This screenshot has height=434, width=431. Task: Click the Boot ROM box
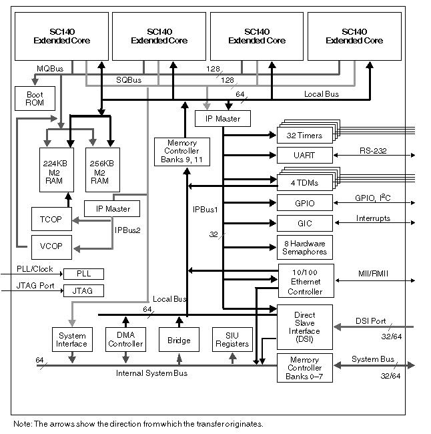tap(34, 99)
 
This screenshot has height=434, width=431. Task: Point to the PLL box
tap(83, 274)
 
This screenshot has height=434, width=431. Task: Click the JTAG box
tap(83, 290)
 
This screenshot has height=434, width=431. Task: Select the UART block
tap(304, 156)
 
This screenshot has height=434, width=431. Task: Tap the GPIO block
tap(304, 203)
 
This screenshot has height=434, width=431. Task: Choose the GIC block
tap(304, 223)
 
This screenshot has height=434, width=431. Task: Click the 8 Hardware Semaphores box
tap(304, 247)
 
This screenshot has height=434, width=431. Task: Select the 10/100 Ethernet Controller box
tap(305, 280)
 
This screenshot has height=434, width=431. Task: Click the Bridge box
tap(179, 340)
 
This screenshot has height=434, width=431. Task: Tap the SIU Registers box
tap(232, 340)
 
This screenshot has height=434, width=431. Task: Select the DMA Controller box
tap(125, 340)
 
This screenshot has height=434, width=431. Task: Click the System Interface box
tap(71, 340)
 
